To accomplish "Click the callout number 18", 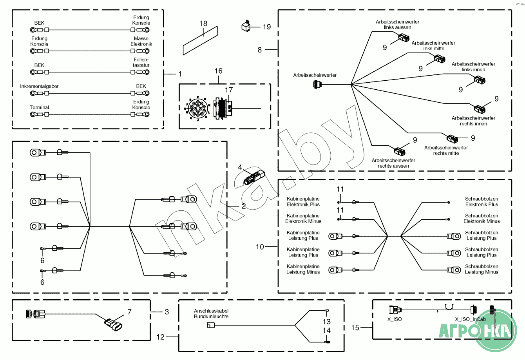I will pyautogui.click(x=203, y=24).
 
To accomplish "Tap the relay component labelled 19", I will pyautogui.click(x=246, y=26).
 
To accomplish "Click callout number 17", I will pyautogui.click(x=229, y=90).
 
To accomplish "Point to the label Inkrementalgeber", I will pyautogui.click(x=39, y=86).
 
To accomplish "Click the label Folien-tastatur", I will pyautogui.click(x=141, y=63).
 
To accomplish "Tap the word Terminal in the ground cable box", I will pyautogui.click(x=39, y=107).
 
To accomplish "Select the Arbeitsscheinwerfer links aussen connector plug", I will pyautogui.click(x=404, y=38).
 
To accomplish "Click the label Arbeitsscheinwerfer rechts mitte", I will pyautogui.click(x=446, y=150).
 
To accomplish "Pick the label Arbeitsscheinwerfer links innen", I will pyautogui.click(x=473, y=67).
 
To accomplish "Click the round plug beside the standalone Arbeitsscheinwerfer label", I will pyautogui.click(x=317, y=84).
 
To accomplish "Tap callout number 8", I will pyautogui.click(x=259, y=50).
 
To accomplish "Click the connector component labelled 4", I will pyautogui.click(x=252, y=178).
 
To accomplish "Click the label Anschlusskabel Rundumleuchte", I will pyautogui.click(x=211, y=314).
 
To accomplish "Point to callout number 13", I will pyautogui.click(x=327, y=322).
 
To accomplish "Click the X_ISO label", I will pyautogui.click(x=395, y=319).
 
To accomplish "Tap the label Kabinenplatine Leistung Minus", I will pyautogui.click(x=303, y=269).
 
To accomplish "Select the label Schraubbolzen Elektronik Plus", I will pyautogui.click(x=482, y=202).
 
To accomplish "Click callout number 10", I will pyautogui.click(x=260, y=247).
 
